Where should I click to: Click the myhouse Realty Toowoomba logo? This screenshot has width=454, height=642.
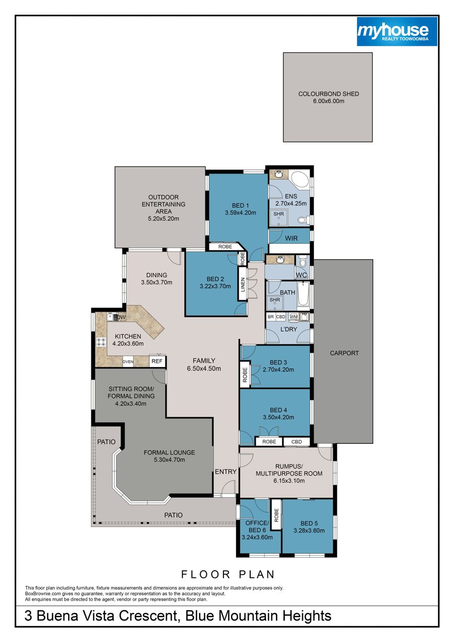pyautogui.click(x=397, y=31)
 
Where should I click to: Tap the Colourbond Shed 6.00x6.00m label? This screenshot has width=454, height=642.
pyautogui.click(x=328, y=97)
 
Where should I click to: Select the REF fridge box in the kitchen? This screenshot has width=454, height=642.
pyautogui.click(x=157, y=361)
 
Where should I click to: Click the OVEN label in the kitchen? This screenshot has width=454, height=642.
pyautogui.click(x=128, y=362)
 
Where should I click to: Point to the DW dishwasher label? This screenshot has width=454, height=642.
pyautogui.click(x=121, y=317)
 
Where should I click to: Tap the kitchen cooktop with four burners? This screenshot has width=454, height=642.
pyautogui.click(x=101, y=342)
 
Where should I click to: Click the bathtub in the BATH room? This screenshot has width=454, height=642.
pyautogui.click(x=303, y=294)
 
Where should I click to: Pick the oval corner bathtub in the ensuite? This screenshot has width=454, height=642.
pyautogui.click(x=299, y=180)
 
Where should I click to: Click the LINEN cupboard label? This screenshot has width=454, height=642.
pyautogui.click(x=243, y=284)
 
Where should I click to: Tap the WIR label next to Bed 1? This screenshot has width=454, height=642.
pyautogui.click(x=291, y=238)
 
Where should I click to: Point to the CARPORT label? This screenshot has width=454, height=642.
pyautogui.click(x=344, y=353)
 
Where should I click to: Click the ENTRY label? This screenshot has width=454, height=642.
pyautogui.click(x=225, y=471)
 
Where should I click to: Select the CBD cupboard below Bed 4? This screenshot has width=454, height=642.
pyautogui.click(x=297, y=442)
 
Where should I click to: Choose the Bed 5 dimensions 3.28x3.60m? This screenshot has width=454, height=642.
pyautogui.click(x=309, y=530)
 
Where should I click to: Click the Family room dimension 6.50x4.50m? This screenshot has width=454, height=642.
pyautogui.click(x=204, y=368)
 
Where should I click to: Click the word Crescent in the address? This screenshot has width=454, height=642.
pyautogui.click(x=149, y=615)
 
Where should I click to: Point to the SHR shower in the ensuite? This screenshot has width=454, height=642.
pyautogui.click(x=278, y=218)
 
